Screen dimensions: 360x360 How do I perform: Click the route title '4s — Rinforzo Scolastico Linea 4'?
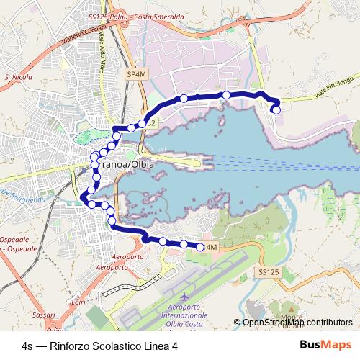(100, 346)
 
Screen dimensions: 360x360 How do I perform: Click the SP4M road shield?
(135, 73)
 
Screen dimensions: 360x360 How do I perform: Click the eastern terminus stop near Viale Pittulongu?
(276, 109)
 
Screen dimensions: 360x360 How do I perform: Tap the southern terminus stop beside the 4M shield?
(200, 247)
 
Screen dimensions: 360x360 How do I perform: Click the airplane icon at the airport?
(186, 296)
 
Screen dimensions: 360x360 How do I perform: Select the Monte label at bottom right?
(291, 317)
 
